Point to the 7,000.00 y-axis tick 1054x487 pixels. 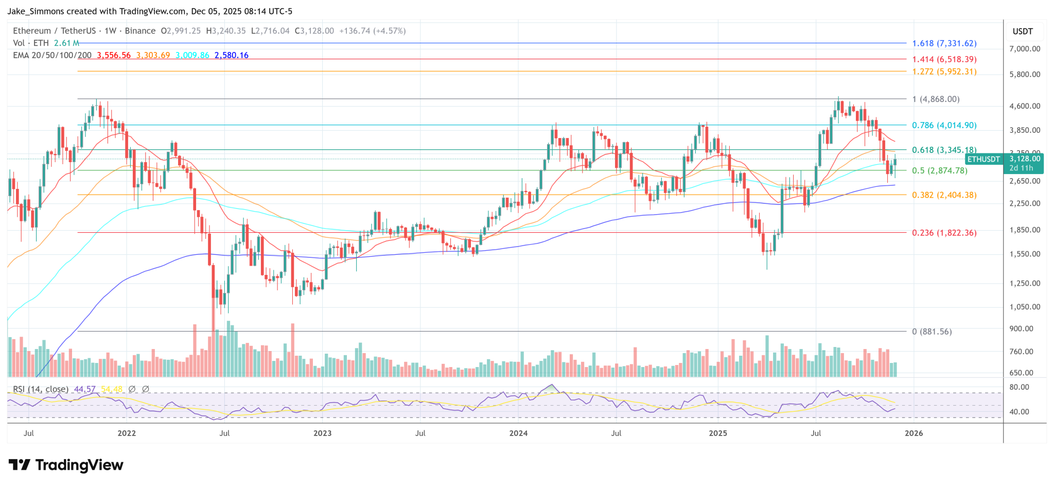(1025, 49)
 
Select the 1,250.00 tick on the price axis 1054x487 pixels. (1025, 283)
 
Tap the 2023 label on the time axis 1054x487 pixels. (322, 433)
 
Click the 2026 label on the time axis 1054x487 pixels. (914, 433)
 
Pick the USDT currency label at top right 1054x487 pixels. (1022, 31)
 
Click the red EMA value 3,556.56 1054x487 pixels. (114, 55)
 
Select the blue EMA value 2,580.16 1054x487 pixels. (231, 55)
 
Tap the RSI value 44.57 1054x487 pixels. (85, 389)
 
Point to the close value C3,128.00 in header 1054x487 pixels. (314, 31)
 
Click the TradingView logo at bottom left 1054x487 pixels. (66, 465)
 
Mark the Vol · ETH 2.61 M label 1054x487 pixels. (46, 43)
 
